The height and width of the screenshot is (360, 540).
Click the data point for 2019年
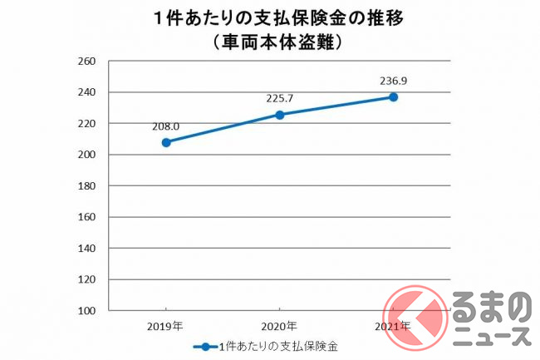coord(166,142)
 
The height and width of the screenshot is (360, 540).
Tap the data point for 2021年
coord(393,97)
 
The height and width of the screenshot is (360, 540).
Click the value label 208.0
coord(165,126)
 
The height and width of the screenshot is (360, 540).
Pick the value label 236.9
coord(393,81)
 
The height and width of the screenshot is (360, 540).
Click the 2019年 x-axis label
coord(166,326)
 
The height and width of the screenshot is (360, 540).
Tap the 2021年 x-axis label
coord(392,326)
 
